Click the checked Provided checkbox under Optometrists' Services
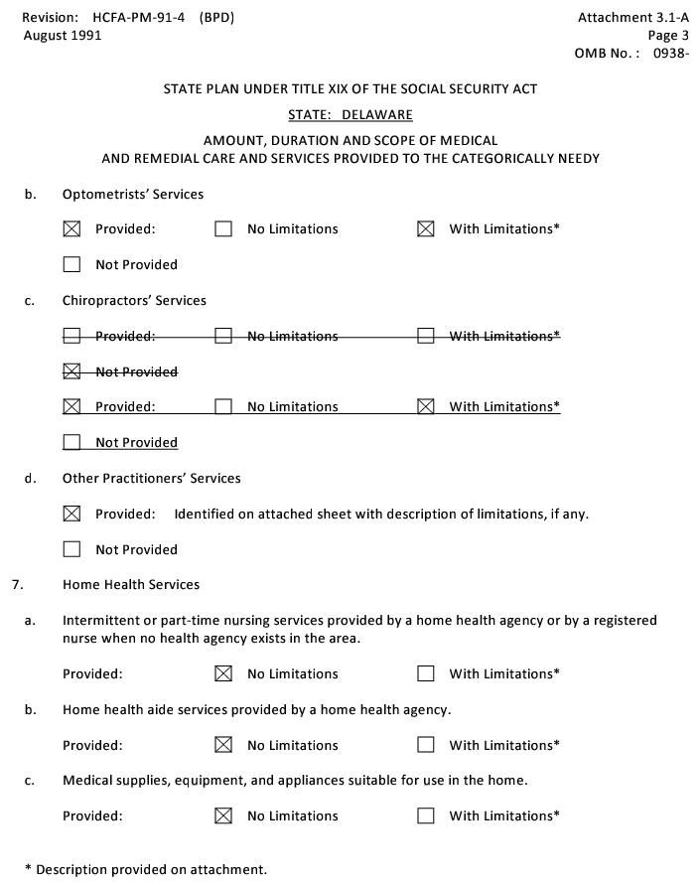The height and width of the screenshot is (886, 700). coord(71,228)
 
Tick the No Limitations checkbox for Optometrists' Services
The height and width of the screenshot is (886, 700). coord(223,228)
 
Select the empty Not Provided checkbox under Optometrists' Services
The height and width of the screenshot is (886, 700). coord(71,264)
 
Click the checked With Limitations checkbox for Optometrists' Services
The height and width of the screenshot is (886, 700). coord(426,228)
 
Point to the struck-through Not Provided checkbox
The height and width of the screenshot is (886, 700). coord(71,371)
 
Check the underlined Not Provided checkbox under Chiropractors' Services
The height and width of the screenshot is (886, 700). coord(71,442)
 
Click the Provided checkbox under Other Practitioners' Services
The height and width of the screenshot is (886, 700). coord(71,514)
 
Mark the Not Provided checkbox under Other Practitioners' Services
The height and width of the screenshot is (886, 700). coord(71,549)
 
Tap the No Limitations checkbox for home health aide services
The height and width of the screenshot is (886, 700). coord(223,745)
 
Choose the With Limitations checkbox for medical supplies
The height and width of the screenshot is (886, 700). coord(426,815)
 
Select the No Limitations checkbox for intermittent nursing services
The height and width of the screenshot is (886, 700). coord(223,673)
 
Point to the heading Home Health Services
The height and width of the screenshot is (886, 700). coord(131,584)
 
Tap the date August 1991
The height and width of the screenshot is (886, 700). coord(63,36)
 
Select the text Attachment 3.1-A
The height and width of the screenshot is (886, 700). coord(632,18)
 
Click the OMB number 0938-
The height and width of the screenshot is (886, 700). coord(670,54)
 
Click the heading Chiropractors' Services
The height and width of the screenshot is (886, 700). coord(134,300)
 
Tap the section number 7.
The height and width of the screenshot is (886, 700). coord(18,584)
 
